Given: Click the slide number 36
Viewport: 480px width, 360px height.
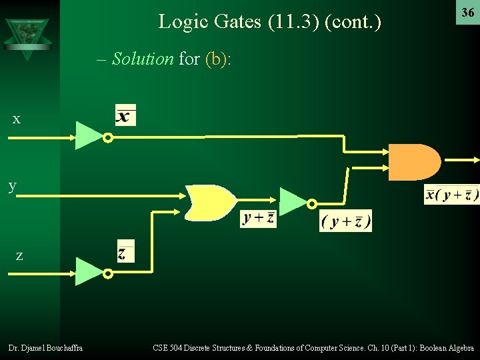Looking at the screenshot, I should pyautogui.click(x=467, y=13).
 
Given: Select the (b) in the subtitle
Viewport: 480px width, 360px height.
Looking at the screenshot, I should pyautogui.click(x=215, y=59).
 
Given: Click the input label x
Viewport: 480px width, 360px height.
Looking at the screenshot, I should pyautogui.click(x=17, y=119).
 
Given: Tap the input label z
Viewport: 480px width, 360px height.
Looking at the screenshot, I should pyautogui.click(x=19, y=255).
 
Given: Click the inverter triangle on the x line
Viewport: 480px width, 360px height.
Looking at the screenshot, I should pyautogui.click(x=89, y=135).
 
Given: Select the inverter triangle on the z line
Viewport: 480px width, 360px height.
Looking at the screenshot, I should pyautogui.click(x=89, y=271).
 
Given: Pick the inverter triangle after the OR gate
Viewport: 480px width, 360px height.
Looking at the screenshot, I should pyautogui.click(x=293, y=201).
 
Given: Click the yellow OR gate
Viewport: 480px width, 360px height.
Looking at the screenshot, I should pyautogui.click(x=211, y=202).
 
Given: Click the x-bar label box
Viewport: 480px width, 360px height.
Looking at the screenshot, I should pyautogui.click(x=125, y=115).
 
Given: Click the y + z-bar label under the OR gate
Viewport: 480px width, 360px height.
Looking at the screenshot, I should pyautogui.click(x=258, y=218).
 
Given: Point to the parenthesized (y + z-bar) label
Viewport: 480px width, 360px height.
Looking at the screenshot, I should pyautogui.click(x=345, y=221).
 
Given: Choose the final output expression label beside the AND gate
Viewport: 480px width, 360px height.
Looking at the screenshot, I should pyautogui.click(x=451, y=195).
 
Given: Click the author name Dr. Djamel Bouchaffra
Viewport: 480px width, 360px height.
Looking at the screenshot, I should pyautogui.click(x=45, y=347).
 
